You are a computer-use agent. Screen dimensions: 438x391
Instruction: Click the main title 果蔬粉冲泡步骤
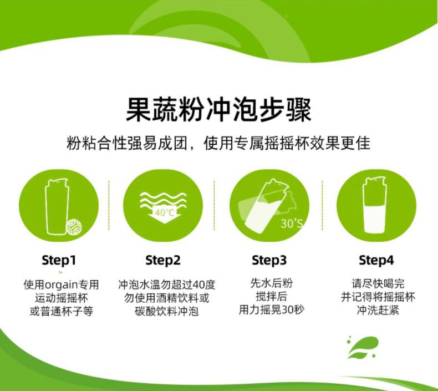[x=218, y=109]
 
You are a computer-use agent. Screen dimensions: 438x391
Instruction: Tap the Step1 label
[x=59, y=260]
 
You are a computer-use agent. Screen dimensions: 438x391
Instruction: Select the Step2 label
[x=163, y=260]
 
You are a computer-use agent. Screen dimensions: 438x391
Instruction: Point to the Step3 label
[x=269, y=260]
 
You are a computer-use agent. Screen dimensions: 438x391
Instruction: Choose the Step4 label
[x=376, y=260]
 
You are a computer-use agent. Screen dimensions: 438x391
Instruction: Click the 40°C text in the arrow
[x=165, y=213]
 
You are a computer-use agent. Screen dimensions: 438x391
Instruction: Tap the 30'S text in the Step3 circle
[x=292, y=224]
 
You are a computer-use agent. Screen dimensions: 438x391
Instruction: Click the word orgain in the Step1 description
[x=61, y=285]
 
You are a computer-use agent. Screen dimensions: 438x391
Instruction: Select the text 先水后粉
[x=271, y=283]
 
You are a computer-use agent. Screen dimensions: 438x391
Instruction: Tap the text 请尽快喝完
[x=378, y=283]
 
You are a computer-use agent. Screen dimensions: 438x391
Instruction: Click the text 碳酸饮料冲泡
[x=166, y=311]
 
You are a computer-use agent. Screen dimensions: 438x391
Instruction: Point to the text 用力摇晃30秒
[x=271, y=309]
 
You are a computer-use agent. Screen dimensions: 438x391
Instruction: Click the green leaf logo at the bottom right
[x=363, y=347]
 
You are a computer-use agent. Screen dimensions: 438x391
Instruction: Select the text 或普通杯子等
[x=62, y=311]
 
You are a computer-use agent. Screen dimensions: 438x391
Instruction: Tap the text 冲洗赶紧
[x=378, y=310]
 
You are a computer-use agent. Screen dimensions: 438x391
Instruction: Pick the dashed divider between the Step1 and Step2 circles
[x=109, y=205]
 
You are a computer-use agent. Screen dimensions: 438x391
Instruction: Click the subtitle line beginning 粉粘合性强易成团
[x=218, y=143]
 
